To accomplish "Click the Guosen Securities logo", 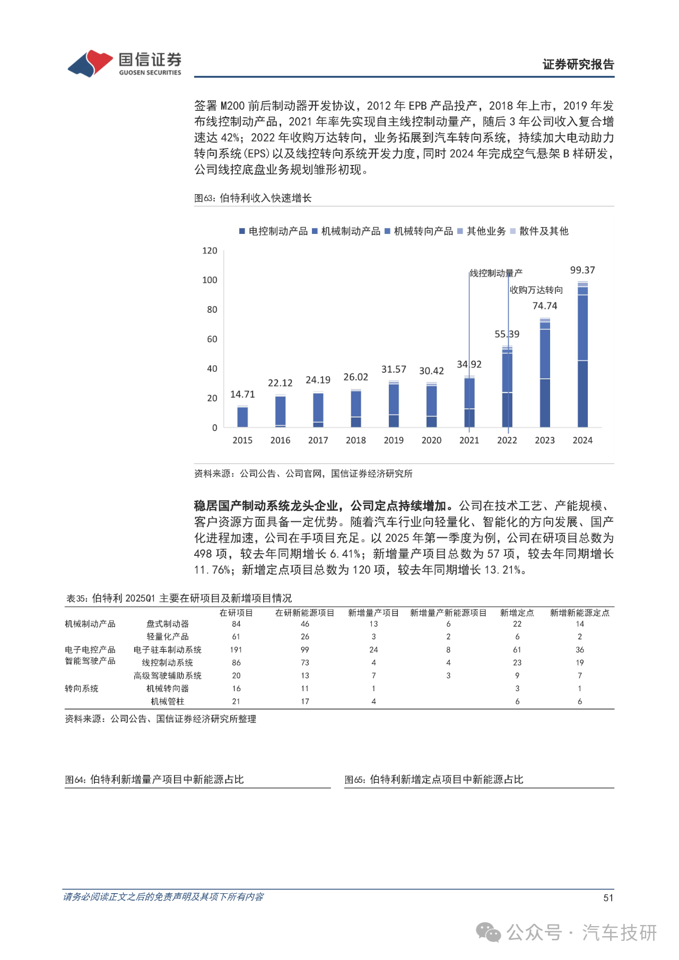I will [124, 64].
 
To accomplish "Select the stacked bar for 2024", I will [582, 355].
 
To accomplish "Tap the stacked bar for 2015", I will [242, 417].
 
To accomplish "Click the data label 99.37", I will [582, 270].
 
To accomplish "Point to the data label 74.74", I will [545, 306].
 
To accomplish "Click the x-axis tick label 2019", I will [394, 440].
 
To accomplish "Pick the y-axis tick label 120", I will [210, 250].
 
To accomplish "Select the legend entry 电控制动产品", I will [273, 231].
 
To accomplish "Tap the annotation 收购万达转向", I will [536, 290].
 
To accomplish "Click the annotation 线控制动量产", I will [496, 273].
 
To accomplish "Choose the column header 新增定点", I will [517, 613].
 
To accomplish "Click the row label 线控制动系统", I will [167, 662].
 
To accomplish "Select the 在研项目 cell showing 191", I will [236, 650].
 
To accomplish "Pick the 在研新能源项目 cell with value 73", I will [305, 662].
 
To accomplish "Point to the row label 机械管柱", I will [167, 701].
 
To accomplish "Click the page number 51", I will [608, 897].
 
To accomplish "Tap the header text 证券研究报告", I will [578, 64].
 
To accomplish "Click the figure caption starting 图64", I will [154, 779].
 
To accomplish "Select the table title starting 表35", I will [179, 598].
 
